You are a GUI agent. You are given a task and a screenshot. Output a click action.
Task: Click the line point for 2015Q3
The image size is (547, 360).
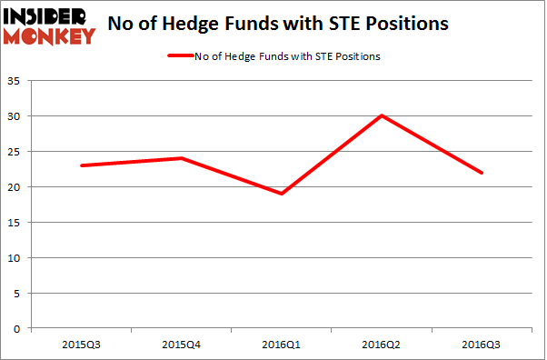pyautogui.click(x=82, y=165)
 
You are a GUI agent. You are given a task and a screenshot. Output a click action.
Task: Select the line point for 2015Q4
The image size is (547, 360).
pyautogui.click(x=182, y=158)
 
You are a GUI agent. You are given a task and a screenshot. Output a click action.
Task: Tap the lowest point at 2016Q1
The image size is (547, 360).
pyautogui.click(x=282, y=194)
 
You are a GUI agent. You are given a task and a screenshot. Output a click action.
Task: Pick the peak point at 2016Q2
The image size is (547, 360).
pyautogui.click(x=382, y=115)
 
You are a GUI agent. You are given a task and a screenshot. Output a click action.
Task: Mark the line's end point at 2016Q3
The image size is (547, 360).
pyautogui.click(x=482, y=173)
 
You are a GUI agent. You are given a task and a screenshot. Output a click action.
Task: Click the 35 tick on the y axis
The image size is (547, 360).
pyautogui.click(x=17, y=81)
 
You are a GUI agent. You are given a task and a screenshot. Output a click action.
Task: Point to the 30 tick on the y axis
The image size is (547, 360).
pyautogui.click(x=17, y=116)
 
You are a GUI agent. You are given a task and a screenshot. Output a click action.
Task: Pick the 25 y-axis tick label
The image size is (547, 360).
pyautogui.click(x=17, y=152)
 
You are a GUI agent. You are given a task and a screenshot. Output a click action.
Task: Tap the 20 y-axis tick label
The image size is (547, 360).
pyautogui.click(x=17, y=187)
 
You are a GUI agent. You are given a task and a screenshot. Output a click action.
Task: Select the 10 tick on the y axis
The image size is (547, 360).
pyautogui.click(x=17, y=258)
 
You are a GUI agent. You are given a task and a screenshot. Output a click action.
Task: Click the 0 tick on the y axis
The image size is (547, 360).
pyautogui.click(x=20, y=329)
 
